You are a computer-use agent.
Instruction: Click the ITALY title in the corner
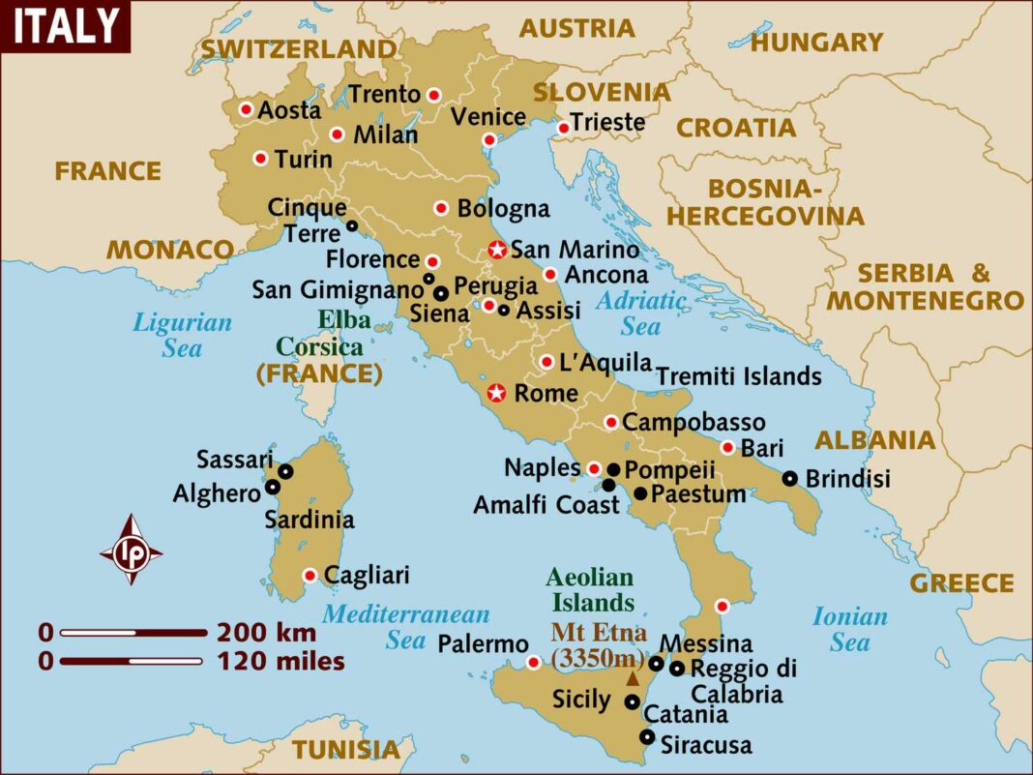coord(66,26)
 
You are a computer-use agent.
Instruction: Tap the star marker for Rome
coord(496,393)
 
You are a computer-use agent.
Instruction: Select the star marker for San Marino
coord(497,250)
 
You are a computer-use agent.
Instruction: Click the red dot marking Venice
coord(489,140)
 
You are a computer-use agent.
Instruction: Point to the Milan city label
coord(385,134)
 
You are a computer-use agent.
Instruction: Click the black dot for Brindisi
coord(790,478)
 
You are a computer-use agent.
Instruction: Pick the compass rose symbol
coord(131,551)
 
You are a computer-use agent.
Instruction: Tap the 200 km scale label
coord(266,634)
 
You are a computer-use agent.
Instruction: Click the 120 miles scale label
coord(280,663)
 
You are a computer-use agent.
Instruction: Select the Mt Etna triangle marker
coord(633,679)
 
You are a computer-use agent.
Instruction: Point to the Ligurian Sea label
coord(183,335)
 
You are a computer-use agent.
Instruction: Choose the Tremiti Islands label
coord(739,376)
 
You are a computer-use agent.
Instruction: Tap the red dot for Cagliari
coord(310,575)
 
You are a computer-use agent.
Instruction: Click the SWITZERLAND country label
coord(299,48)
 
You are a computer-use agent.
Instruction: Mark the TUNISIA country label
coord(346,749)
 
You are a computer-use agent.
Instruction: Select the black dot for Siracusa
coord(647,737)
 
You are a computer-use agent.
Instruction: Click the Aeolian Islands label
coord(590,590)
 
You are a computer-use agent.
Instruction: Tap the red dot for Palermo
coord(533,662)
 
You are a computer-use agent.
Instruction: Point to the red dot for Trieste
coord(564,128)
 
